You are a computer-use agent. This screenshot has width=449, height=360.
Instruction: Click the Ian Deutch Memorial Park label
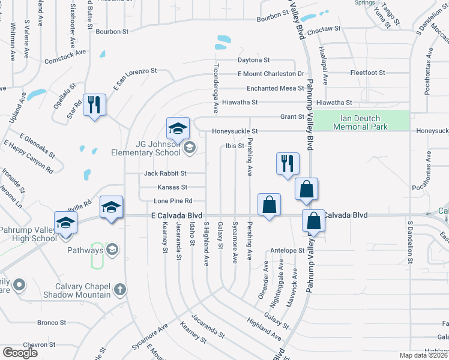(360, 122)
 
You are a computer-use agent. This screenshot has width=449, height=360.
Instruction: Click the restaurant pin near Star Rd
(95, 106)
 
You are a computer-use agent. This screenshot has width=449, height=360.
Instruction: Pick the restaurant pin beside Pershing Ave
(287, 163)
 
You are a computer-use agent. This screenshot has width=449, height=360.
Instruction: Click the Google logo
(20, 352)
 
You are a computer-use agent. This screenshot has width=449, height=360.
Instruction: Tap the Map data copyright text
(424, 355)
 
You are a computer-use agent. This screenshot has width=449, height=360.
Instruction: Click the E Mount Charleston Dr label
(271, 74)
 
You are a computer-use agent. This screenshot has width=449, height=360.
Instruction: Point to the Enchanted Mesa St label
(271, 88)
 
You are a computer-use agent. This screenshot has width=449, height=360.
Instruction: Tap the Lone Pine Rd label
(173, 200)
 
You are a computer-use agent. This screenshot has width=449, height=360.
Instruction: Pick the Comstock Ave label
(65, 53)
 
